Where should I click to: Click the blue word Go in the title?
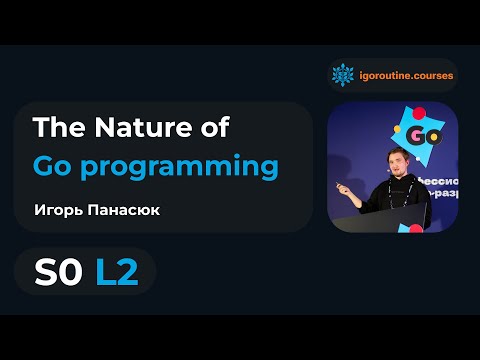pyautogui.click(x=53, y=166)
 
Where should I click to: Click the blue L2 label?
pyautogui.click(x=117, y=270)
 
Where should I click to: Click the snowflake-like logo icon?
pyautogui.click(x=343, y=74)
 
